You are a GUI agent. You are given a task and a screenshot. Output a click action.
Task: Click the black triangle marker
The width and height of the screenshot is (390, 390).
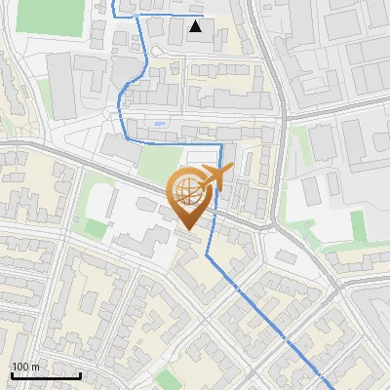coord(197,27)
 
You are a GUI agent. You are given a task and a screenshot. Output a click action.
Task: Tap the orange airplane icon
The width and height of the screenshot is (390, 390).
coord(213,177)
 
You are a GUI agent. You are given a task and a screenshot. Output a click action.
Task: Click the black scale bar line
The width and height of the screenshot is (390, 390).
coord(46,375)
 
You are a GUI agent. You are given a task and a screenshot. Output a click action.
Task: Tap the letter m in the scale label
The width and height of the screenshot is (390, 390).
coord(36,368)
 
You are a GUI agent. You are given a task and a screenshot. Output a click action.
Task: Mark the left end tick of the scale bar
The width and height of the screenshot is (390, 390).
coord(12,374)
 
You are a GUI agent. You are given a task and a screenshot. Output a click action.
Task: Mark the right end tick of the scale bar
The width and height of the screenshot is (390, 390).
coord(80,374)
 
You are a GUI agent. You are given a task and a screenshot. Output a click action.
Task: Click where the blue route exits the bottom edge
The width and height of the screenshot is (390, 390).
coord(320,388)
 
